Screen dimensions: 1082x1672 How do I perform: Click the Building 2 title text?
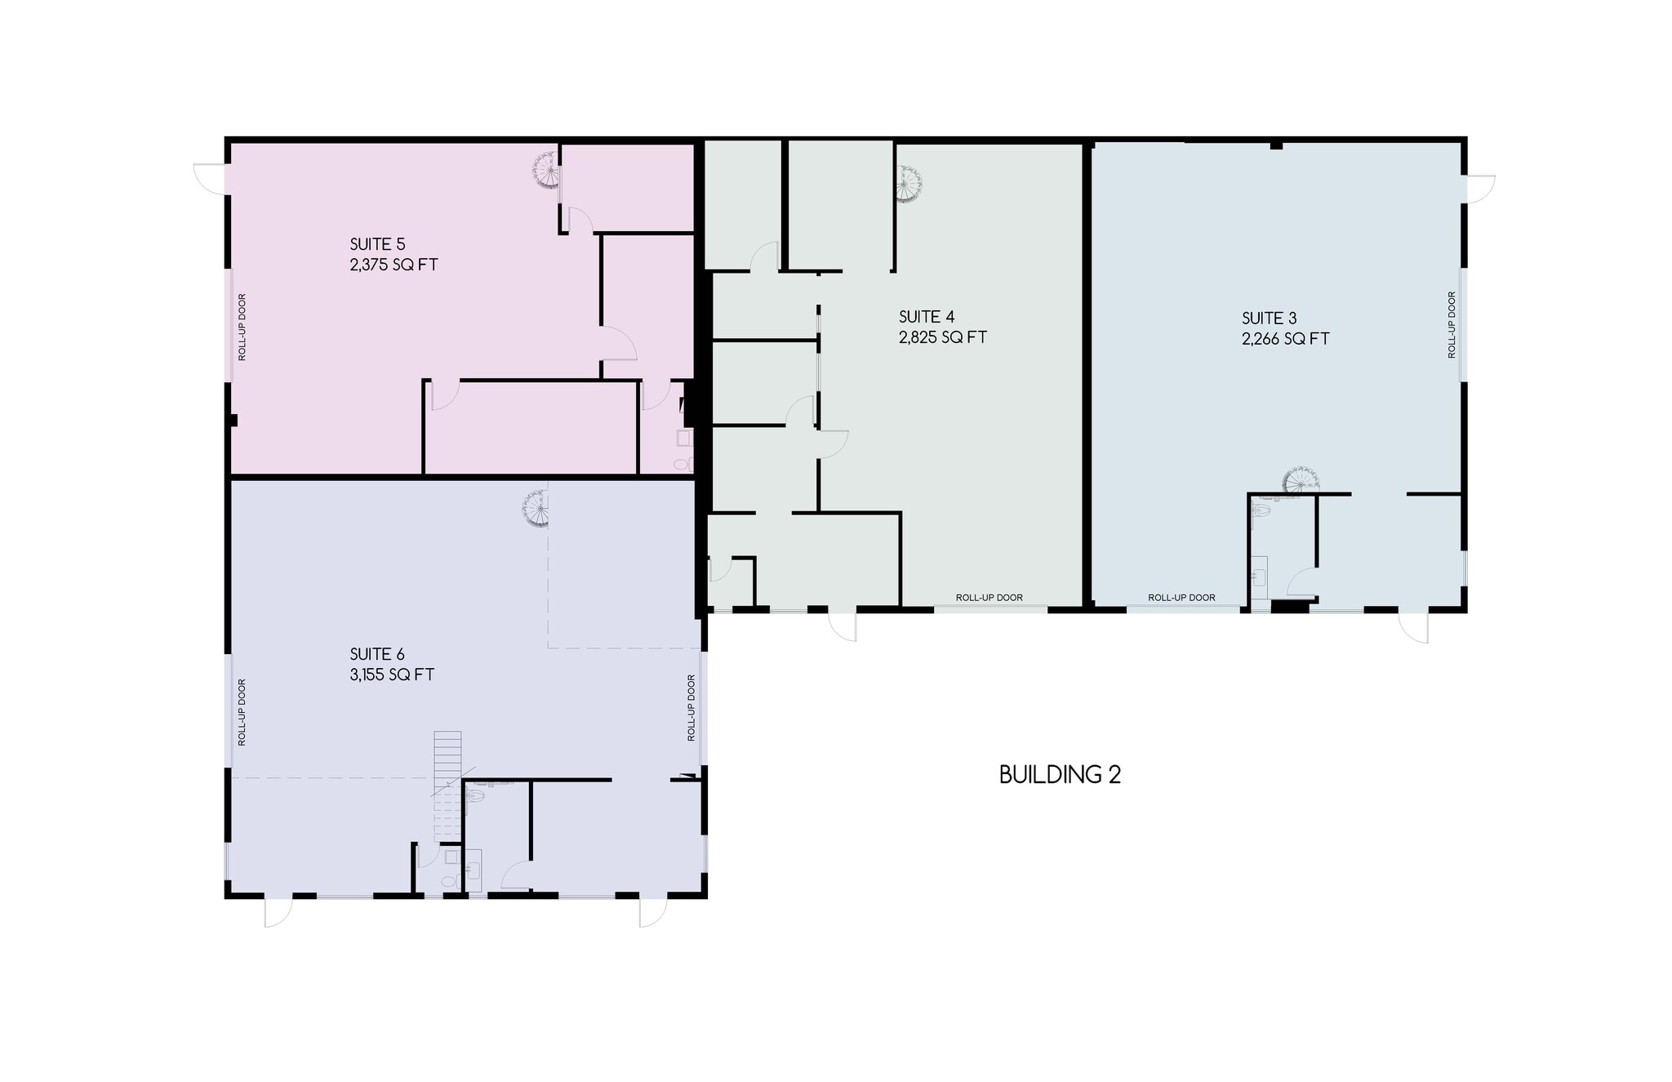(x=1060, y=774)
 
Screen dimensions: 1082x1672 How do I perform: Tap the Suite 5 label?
(x=377, y=244)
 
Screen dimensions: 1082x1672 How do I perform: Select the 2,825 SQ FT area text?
(x=943, y=337)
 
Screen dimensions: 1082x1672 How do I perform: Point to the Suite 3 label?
(x=1269, y=318)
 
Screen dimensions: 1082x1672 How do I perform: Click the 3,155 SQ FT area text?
(x=392, y=675)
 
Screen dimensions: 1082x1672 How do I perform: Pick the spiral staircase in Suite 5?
(x=546, y=171)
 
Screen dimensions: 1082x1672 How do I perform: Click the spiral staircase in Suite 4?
(x=908, y=184)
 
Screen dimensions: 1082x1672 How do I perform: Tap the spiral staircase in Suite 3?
(x=1297, y=480)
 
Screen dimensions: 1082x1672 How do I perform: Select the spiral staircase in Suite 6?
(x=537, y=508)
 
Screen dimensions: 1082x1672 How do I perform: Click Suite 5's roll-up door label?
(x=242, y=327)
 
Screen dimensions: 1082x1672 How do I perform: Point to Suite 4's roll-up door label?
(x=989, y=598)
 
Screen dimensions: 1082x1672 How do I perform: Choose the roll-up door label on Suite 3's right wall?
(x=1452, y=324)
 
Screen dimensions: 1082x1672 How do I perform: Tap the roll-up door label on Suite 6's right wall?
(x=691, y=707)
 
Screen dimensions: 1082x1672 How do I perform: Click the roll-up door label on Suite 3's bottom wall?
(x=1181, y=598)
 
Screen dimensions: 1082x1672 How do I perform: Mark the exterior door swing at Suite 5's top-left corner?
(x=209, y=178)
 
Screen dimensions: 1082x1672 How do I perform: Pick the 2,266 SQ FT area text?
(x=1285, y=339)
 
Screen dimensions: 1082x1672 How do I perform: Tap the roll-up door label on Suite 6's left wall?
(x=242, y=712)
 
